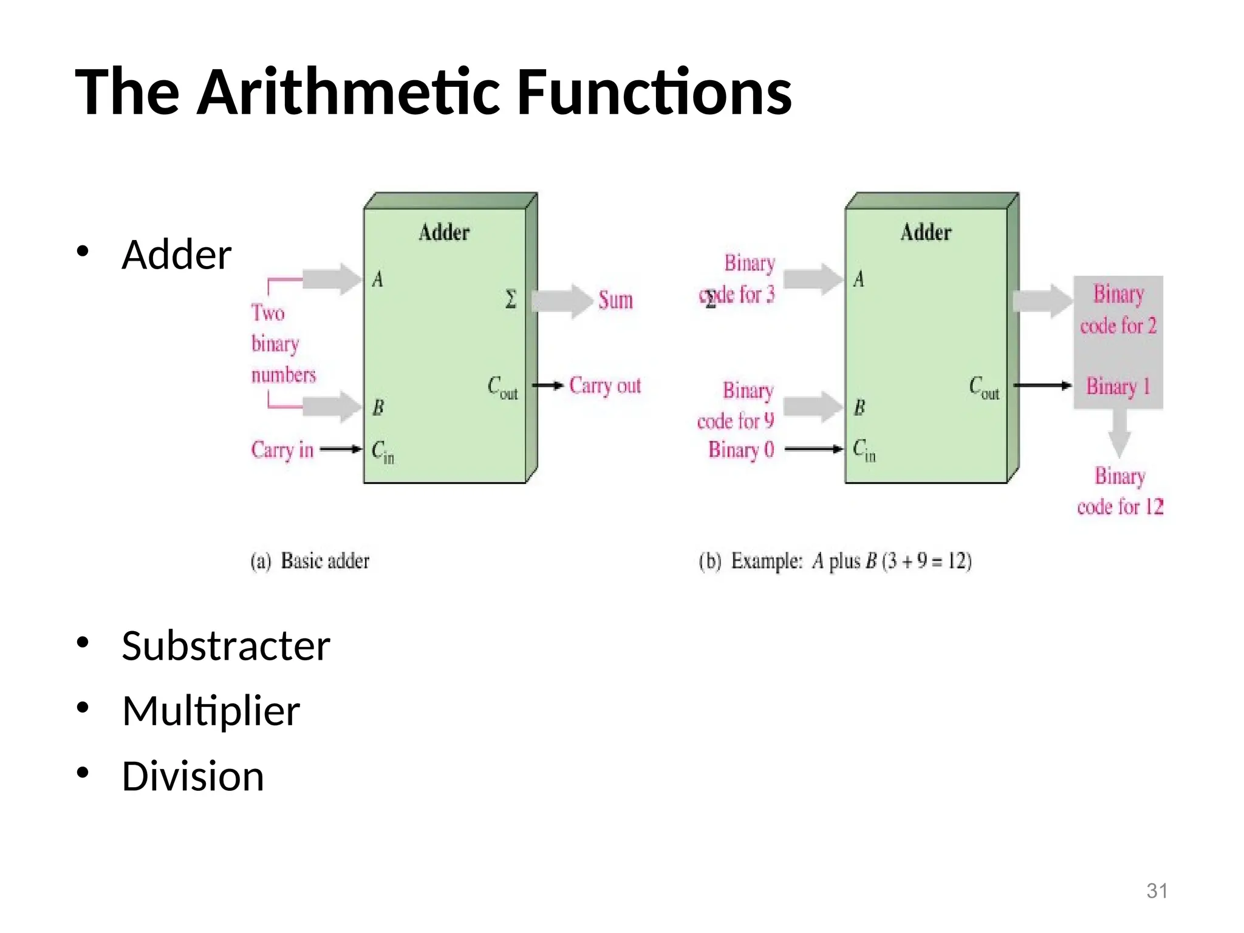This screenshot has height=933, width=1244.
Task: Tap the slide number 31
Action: tap(1157, 890)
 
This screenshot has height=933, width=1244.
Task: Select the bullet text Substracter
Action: tap(225, 646)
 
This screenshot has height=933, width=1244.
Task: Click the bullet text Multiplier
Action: tap(211, 711)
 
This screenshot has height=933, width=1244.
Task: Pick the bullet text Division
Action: tap(193, 776)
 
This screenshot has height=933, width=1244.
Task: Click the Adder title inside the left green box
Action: tap(444, 233)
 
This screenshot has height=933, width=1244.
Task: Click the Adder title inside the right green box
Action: tap(926, 233)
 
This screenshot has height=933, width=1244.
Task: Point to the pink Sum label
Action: tap(615, 300)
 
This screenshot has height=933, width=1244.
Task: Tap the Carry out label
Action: tap(605, 386)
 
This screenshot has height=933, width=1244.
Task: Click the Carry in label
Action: tap(282, 450)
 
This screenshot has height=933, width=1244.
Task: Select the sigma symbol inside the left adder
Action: tap(511, 299)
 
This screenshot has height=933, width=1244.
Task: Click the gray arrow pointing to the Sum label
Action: tap(562, 301)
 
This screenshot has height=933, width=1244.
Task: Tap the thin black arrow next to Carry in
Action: tap(340, 449)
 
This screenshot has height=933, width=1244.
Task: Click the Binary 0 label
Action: tap(741, 449)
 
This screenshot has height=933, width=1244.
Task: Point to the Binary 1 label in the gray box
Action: tap(1118, 386)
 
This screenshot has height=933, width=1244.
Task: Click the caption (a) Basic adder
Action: tap(310, 561)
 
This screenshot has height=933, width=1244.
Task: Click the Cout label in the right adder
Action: tap(983, 388)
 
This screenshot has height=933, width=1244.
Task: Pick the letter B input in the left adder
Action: tap(378, 407)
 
